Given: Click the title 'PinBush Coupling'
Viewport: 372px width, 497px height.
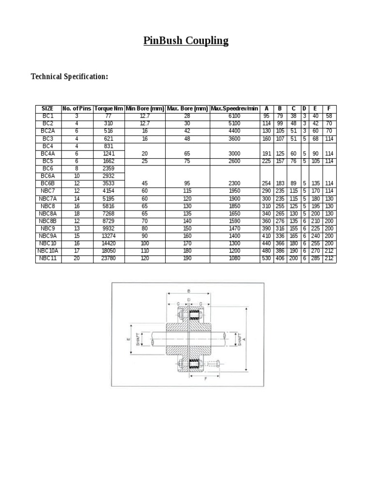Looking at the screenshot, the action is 186,40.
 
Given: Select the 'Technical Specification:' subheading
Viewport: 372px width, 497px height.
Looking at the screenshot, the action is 69,77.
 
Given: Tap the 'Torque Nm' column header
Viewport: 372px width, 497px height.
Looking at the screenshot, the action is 109,108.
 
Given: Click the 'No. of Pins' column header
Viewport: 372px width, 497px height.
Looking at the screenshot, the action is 77,108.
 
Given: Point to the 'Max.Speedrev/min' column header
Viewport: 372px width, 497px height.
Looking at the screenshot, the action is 234,108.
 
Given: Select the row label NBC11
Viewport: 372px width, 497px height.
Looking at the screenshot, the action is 48,259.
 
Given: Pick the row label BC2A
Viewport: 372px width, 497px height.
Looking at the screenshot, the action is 48,131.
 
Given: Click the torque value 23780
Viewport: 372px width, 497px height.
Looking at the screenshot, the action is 109,259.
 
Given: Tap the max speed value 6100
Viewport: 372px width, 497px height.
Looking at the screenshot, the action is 234,116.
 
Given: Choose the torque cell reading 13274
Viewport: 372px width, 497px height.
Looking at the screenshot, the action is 109,236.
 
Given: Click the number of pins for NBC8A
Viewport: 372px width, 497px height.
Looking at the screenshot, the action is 77,213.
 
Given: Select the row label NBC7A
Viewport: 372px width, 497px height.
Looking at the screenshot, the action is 48,198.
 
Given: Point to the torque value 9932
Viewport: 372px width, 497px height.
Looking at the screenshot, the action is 109,228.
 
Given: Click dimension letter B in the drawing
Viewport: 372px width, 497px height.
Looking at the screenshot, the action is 188,291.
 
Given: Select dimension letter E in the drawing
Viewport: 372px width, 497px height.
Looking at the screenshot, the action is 128,339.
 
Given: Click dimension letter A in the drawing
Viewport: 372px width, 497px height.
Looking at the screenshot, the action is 245,339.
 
